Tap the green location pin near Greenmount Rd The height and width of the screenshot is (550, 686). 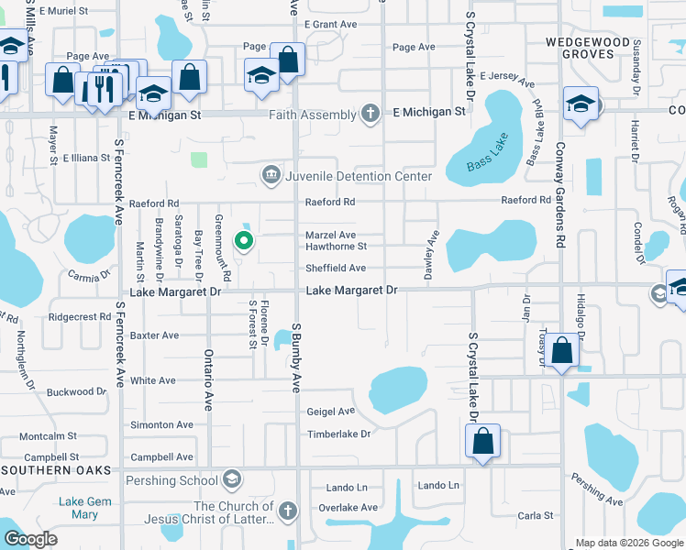click(x=244, y=241)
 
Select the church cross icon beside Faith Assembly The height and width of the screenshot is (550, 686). click(x=370, y=115)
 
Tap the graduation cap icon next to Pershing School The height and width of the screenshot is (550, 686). click(x=233, y=480)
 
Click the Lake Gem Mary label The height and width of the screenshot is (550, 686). click(x=84, y=508)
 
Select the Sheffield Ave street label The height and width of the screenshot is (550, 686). click(x=336, y=269)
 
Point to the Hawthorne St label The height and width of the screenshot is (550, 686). click(x=336, y=247)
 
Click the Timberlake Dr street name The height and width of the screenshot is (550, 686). click(x=338, y=434)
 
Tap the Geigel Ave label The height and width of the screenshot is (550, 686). click(x=330, y=412)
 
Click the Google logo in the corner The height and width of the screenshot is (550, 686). click(x=31, y=538)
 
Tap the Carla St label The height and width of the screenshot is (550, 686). click(x=535, y=516)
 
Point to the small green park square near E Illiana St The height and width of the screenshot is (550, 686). click(x=198, y=159)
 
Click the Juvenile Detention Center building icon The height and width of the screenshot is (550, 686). click(x=271, y=174)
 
